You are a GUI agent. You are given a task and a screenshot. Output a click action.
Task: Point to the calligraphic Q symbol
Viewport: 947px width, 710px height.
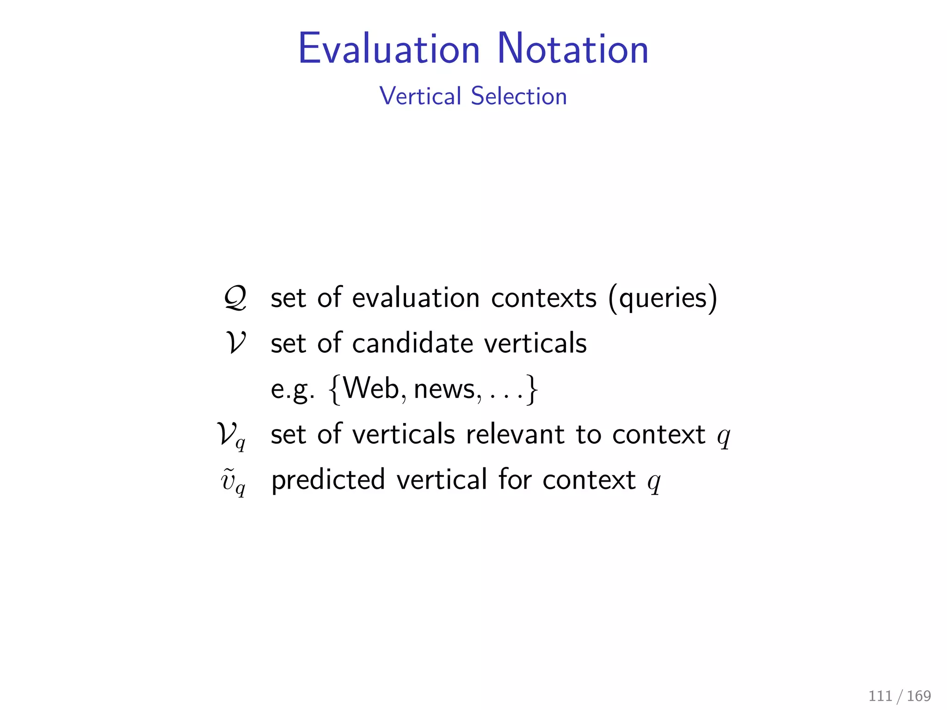235,298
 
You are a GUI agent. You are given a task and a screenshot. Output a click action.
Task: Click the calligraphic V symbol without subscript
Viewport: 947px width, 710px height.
236,343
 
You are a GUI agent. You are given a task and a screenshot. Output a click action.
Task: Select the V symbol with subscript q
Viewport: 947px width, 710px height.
231,435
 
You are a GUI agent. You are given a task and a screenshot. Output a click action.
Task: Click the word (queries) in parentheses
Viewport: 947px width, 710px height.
663,298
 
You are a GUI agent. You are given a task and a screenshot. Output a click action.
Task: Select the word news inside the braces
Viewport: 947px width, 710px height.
444,389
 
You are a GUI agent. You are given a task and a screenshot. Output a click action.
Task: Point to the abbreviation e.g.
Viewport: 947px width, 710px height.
292,390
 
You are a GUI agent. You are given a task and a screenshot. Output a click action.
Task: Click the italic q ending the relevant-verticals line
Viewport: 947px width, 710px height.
723,436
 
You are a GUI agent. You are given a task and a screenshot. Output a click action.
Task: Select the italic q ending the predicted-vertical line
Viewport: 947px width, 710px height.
654,482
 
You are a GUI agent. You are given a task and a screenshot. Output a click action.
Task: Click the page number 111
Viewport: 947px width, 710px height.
880,696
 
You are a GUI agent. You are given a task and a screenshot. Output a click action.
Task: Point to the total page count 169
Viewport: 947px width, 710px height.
919,696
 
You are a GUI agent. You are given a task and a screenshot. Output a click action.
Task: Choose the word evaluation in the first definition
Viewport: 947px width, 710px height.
416,298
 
